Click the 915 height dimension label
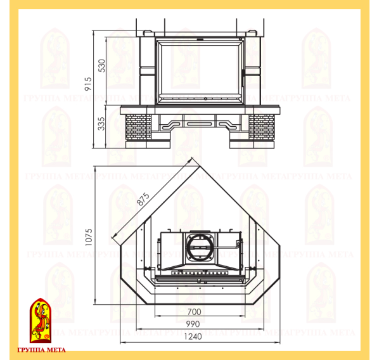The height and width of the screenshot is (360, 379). (88, 84)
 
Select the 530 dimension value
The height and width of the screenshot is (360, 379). (102, 65)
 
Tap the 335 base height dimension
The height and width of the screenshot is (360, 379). (101, 124)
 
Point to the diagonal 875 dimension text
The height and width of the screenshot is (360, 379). (143, 199)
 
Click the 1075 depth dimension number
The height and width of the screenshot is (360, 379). (89, 237)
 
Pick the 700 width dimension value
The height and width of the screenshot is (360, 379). (195, 312)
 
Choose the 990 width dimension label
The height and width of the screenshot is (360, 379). (193, 325)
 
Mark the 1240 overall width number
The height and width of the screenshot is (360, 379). (193, 337)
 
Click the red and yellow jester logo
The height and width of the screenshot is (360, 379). (41, 320)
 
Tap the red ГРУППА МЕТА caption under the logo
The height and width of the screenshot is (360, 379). (41, 350)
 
